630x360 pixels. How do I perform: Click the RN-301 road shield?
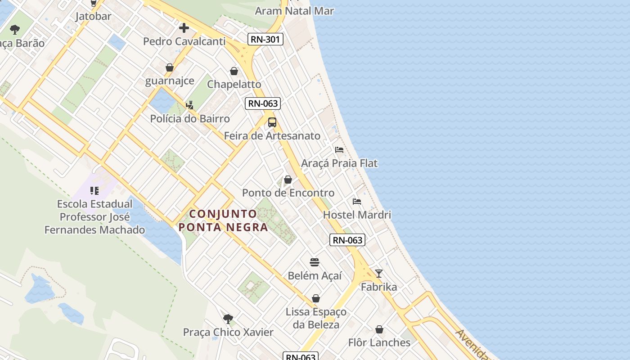coord(265,39)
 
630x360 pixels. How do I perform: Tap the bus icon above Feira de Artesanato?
coord(272,122)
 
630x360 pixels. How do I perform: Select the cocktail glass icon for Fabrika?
coord(379,273)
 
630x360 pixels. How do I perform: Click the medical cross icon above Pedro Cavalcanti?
coord(184,28)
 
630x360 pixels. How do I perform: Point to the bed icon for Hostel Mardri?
coord(357,201)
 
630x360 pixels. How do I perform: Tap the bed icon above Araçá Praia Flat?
coord(339,149)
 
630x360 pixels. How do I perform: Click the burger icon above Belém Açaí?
coord(315,262)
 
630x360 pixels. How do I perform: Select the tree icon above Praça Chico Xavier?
coord(228,319)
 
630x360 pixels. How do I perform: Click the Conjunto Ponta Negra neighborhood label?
coord(223,220)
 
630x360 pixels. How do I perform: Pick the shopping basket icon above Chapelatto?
coord(234,71)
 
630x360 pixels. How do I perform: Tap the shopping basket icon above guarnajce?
coord(170,67)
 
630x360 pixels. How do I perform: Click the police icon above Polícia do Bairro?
coord(189,105)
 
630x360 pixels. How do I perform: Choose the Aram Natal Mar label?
coord(294,11)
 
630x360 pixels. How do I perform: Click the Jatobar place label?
coord(93,16)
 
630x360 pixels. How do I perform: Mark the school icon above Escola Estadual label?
coord(94,191)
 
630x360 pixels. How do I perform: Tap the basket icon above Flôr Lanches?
coord(379,329)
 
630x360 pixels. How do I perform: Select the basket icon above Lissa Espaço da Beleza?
coord(316,298)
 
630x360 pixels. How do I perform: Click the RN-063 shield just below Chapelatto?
coord(263,103)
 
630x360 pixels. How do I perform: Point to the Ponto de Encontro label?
coord(288,193)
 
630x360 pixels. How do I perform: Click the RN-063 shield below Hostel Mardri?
coord(347,240)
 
